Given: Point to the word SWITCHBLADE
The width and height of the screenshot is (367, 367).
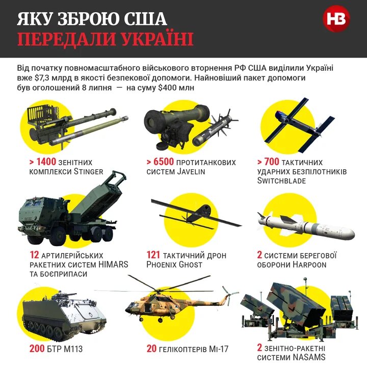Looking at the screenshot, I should [x=281, y=181].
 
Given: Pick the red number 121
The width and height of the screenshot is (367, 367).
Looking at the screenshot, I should [x=153, y=255].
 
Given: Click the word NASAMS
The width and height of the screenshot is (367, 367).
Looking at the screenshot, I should [x=308, y=358].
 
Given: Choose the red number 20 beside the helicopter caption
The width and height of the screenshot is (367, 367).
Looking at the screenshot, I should [x=151, y=349].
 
